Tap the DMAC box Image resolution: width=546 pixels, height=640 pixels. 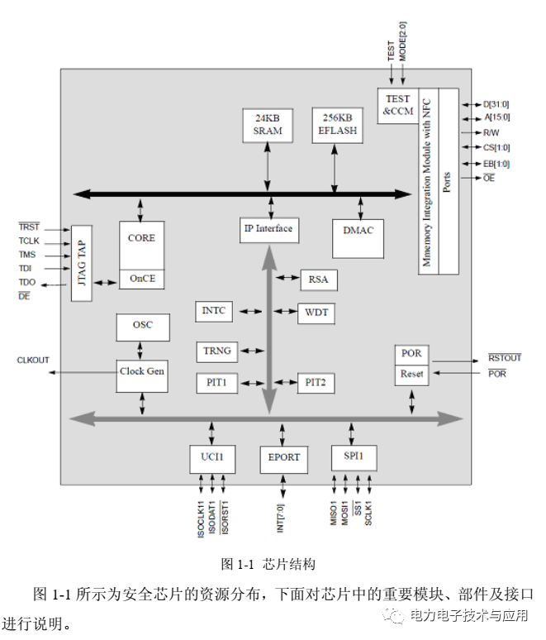coord(358,231)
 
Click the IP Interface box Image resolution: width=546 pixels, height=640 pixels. coord(268,229)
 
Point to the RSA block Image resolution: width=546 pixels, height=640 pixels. coord(318,279)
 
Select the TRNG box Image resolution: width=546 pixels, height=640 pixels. coord(217,351)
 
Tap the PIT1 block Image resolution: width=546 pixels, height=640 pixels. coord(217,383)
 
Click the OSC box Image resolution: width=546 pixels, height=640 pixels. coord(142,326)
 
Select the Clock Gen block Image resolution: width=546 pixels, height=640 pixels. coord(142,372)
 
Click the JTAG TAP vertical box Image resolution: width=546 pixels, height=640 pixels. coord(81,263)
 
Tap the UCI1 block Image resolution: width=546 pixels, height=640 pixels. coord(212,457)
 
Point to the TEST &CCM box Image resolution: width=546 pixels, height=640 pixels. coord(397,105)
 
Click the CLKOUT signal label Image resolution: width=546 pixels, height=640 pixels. coord(33,361)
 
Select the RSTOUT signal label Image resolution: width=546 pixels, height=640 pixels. coord(505,358)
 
